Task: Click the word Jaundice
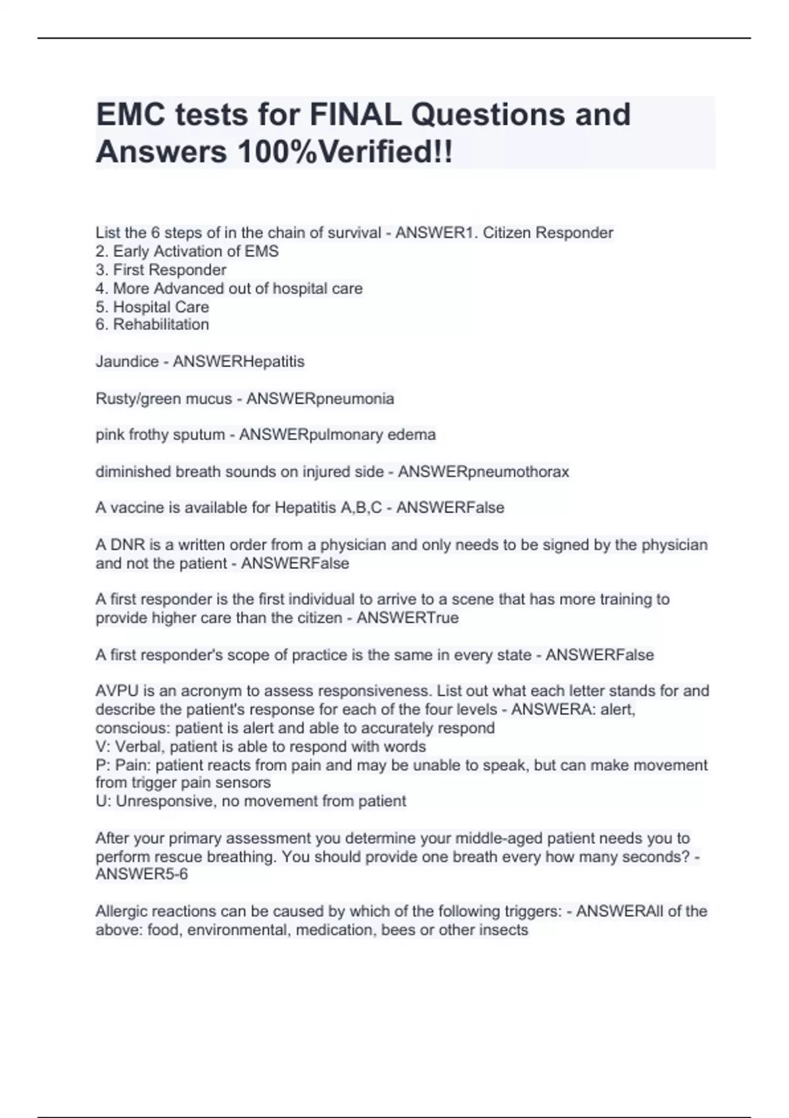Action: coord(127,362)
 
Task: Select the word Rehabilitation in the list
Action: coord(161,324)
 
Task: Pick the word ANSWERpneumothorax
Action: coord(483,472)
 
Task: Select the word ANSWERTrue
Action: coord(408,618)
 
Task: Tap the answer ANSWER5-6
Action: coord(141,875)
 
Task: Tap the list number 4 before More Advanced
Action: coord(101,288)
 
